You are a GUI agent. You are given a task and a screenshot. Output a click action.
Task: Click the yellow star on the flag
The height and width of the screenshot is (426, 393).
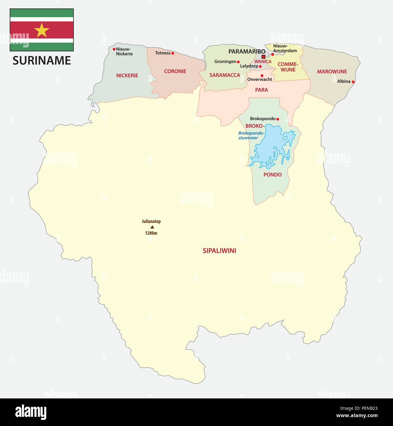click(x=42, y=30)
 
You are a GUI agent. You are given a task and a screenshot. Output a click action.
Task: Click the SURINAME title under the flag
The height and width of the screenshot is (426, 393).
click(x=42, y=60)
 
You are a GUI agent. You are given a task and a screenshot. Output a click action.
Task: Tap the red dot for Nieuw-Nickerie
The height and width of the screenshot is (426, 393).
click(x=114, y=49)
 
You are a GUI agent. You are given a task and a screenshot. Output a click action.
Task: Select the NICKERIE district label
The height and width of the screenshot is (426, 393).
click(x=127, y=75)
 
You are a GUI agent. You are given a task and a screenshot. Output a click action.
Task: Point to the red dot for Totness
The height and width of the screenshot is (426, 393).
click(x=173, y=53)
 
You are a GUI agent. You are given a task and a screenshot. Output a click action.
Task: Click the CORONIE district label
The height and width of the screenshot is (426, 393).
click(x=175, y=71)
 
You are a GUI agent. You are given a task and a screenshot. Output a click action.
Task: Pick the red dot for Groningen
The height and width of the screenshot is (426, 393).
click(x=238, y=62)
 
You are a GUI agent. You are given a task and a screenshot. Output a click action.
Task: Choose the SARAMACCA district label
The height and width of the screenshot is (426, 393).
click(x=225, y=75)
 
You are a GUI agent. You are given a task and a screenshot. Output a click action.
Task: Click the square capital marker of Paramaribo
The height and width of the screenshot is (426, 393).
click(x=263, y=57)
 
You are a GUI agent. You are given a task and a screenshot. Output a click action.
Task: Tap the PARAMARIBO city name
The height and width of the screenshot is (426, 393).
click(x=247, y=51)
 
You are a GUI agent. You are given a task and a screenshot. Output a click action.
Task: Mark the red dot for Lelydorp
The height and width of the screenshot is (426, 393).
click(x=260, y=66)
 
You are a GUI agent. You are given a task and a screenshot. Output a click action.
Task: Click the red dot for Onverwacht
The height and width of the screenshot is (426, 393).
click(x=262, y=76)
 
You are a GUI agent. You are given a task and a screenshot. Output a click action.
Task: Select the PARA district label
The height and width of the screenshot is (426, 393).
click(x=261, y=90)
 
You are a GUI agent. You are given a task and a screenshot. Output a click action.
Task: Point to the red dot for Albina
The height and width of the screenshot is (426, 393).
click(x=353, y=82)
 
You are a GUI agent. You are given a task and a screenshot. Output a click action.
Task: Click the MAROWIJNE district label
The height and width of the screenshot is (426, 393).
click(x=332, y=71)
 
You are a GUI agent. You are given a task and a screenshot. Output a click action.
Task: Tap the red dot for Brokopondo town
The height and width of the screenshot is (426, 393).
click(x=278, y=119)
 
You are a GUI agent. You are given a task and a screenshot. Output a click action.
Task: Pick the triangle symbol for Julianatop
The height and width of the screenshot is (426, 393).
click(x=152, y=227)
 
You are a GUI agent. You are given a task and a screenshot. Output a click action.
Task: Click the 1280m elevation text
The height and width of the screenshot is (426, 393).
click(x=151, y=233)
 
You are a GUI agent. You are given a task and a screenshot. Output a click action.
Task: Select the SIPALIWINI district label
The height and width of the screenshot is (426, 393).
click(x=219, y=251)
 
